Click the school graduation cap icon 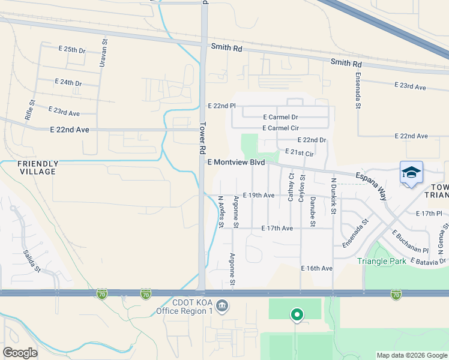click(411, 173)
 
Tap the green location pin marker click(296, 314)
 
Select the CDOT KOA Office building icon click(221, 307)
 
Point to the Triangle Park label click(382, 261)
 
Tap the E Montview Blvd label click(236, 163)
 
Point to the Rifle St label click(28, 111)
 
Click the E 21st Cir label click(300, 152)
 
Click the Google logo click(20, 352)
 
